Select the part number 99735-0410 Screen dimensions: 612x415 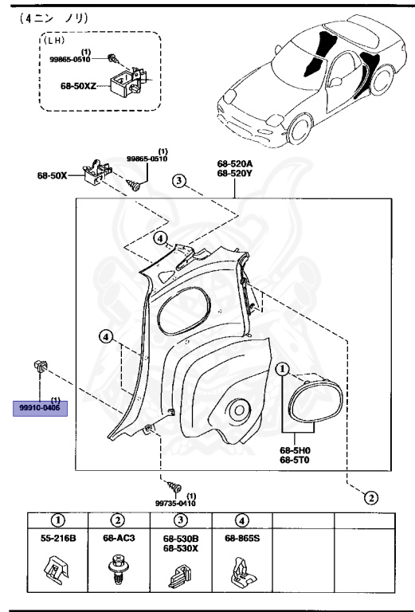pos(175,503)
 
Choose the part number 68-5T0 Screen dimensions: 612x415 pos(294,461)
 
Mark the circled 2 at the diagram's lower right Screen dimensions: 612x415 pos(370,499)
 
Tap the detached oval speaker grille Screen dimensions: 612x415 pos(316,401)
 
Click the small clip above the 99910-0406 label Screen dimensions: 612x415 pos(41,367)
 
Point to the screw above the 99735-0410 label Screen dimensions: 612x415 pos(172,486)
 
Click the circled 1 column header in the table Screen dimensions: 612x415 pos(57,520)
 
